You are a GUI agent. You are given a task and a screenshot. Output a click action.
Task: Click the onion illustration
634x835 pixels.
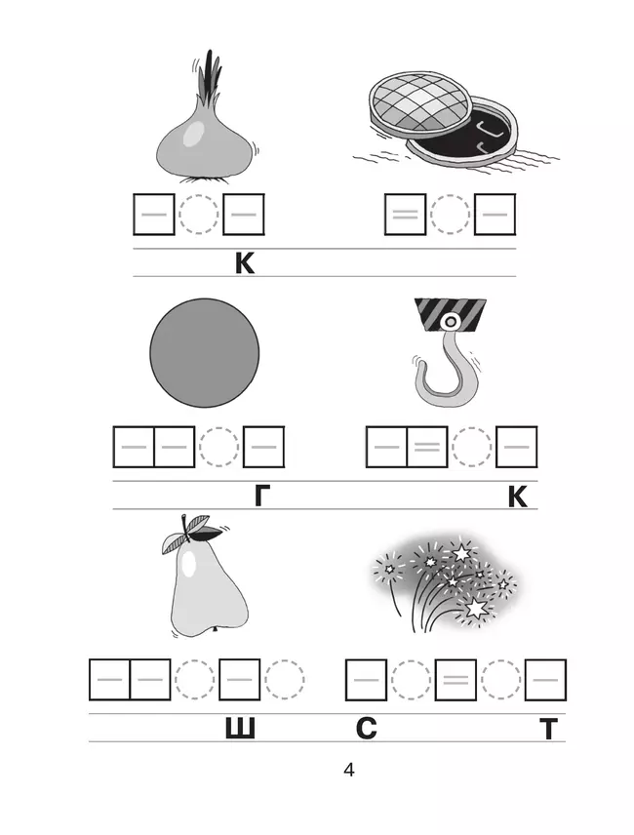[x=205, y=133]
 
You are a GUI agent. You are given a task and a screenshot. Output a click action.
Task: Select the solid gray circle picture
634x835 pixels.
[x=205, y=352]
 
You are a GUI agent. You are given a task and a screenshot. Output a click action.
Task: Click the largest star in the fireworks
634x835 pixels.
[x=475, y=608]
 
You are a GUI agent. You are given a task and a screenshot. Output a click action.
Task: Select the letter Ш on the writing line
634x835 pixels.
[x=240, y=728]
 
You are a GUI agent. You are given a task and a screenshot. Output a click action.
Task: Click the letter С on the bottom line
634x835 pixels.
[x=366, y=728]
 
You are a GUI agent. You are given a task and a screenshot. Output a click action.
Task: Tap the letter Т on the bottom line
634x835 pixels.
[x=549, y=729]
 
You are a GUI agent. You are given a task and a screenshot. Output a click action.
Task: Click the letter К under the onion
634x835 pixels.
[x=245, y=263]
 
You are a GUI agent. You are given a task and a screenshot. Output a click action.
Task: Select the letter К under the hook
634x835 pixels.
[x=517, y=497]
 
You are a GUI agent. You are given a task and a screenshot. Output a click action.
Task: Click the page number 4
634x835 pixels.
[x=349, y=770]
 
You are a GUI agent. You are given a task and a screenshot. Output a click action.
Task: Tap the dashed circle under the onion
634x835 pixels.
[x=199, y=214]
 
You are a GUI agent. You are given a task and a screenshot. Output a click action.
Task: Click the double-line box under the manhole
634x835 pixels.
[x=405, y=214]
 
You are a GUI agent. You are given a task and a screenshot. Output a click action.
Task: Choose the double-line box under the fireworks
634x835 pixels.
[x=456, y=680]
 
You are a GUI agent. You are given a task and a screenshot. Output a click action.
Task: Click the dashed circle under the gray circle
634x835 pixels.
[x=218, y=447]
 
